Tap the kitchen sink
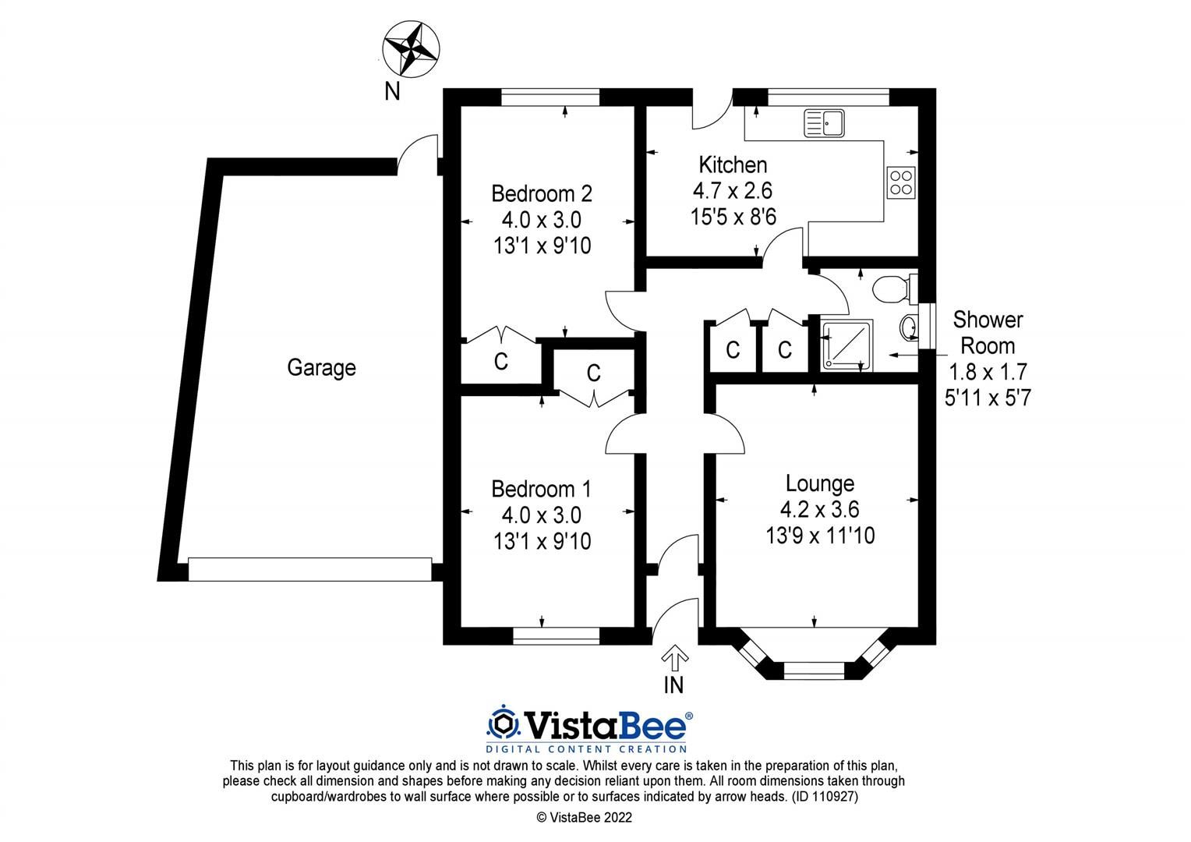(825, 123)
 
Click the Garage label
(321, 367)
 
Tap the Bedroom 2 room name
(541, 193)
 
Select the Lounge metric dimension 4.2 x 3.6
(819, 509)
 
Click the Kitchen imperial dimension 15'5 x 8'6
(733, 217)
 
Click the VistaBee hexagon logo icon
(503, 724)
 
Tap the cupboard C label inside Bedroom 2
(501, 362)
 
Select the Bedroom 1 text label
(541, 489)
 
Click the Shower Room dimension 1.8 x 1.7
(987, 372)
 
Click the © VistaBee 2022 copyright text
(584, 818)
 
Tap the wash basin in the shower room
(909, 327)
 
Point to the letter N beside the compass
(392, 91)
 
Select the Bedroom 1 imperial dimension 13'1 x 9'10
(542, 541)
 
